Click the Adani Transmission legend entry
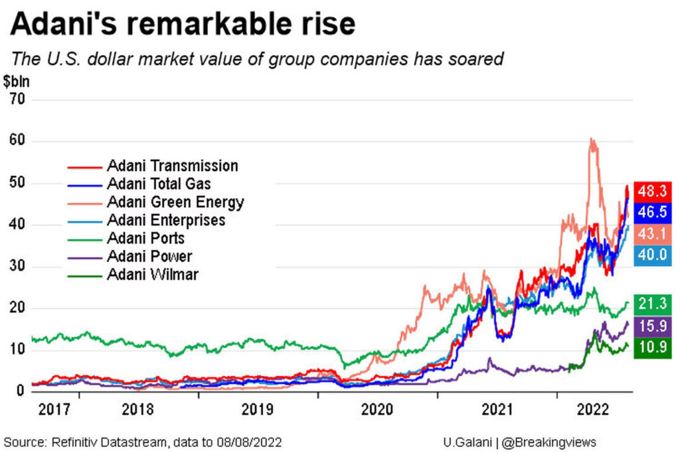171,166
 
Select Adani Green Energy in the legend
175,202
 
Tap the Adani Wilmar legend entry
153,274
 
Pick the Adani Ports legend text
146,238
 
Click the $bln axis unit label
16,82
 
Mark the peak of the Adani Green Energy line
591,140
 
